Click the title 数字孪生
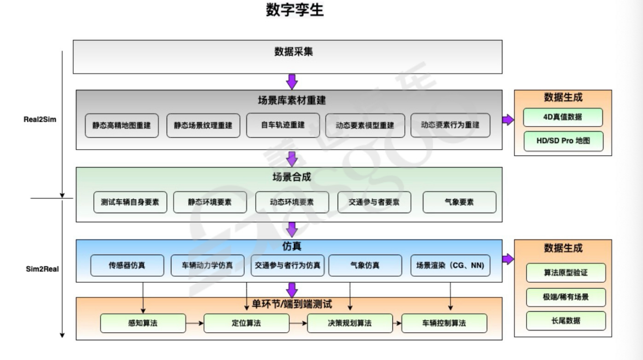click(294, 11)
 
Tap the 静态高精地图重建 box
click(121, 126)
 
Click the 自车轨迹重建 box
click(283, 125)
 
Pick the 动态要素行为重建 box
click(450, 125)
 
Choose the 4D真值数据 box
click(563, 117)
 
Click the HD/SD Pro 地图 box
click(563, 141)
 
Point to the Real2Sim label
click(40, 120)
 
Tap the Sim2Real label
click(42, 269)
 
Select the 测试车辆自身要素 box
click(130, 202)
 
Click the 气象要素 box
click(459, 202)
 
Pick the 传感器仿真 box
click(127, 266)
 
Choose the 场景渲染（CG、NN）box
click(450, 266)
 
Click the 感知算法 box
click(143, 323)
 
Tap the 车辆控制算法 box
click(444, 323)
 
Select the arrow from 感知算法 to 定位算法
click(194, 323)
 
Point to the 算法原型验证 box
click(566, 273)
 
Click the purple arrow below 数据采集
click(292, 81)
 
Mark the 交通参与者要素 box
click(374, 202)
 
